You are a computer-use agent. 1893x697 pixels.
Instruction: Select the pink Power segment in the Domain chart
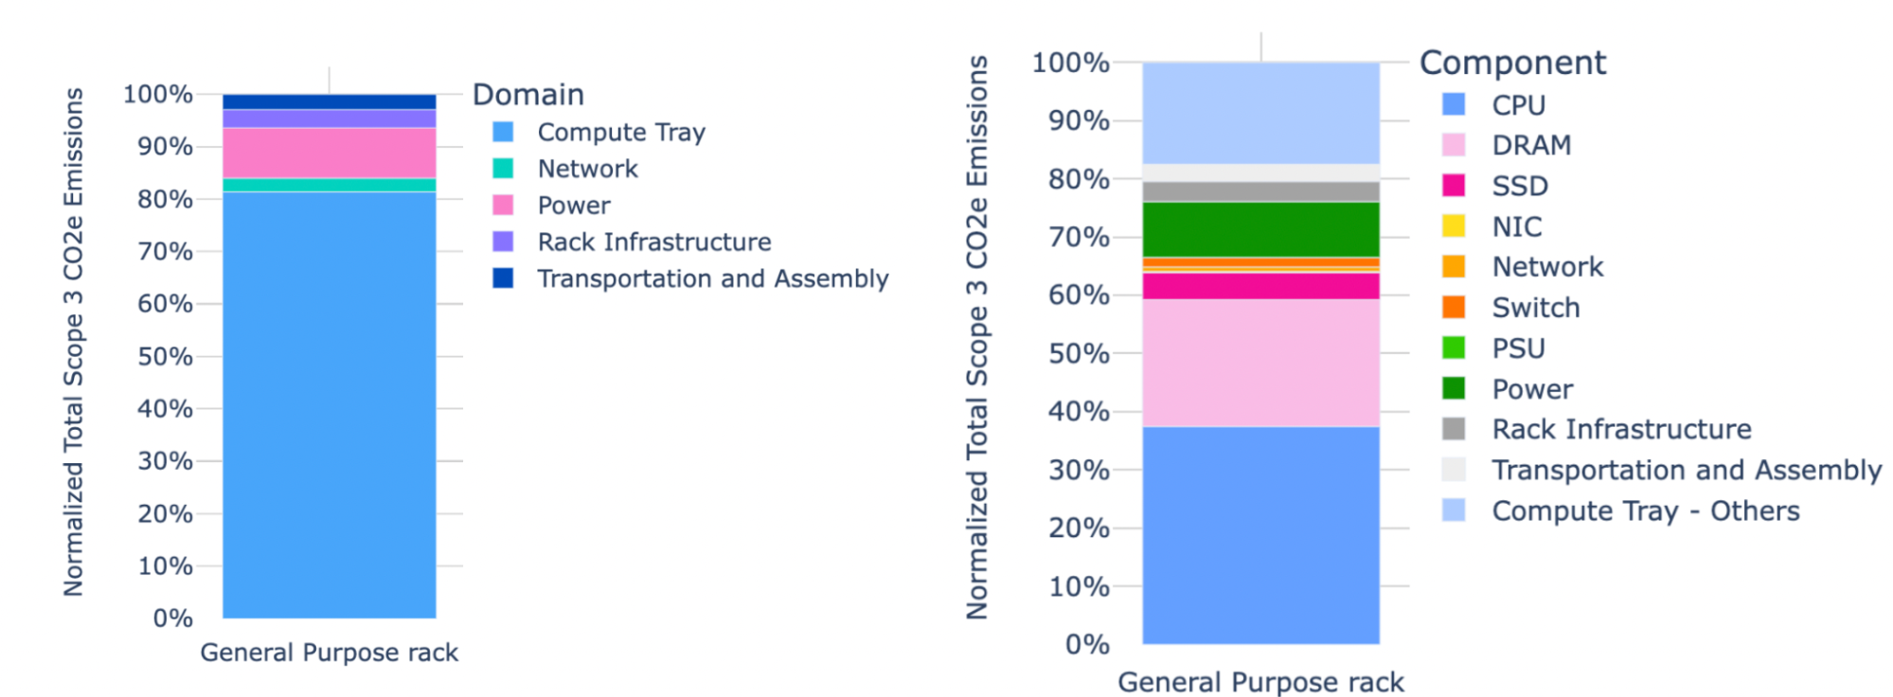pos(329,152)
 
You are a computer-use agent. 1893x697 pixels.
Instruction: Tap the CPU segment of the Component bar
pos(1260,535)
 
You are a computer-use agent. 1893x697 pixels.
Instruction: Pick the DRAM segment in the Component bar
pos(1260,363)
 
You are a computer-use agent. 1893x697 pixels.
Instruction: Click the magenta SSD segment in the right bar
pos(1260,286)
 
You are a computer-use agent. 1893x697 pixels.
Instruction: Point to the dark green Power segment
pos(1260,229)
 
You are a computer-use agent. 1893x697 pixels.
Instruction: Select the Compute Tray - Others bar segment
pos(1260,114)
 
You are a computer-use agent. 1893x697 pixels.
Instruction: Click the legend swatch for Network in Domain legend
pos(503,169)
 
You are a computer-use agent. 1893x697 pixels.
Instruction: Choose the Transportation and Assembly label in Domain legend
pos(712,278)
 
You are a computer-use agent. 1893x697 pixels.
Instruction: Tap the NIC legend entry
pos(1516,226)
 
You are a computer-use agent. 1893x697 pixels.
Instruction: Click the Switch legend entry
pos(1535,308)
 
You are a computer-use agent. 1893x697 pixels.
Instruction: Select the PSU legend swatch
pos(1453,348)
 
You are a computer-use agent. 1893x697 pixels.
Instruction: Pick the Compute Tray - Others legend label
pos(1645,511)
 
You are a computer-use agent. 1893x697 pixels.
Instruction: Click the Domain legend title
pos(527,95)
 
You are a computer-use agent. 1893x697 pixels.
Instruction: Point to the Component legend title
pos(1512,63)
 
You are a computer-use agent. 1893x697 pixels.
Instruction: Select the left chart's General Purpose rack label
pos(329,652)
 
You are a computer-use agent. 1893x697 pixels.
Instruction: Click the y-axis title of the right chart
pos(976,337)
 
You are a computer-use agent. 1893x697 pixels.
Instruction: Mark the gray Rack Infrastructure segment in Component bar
pos(1260,192)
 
